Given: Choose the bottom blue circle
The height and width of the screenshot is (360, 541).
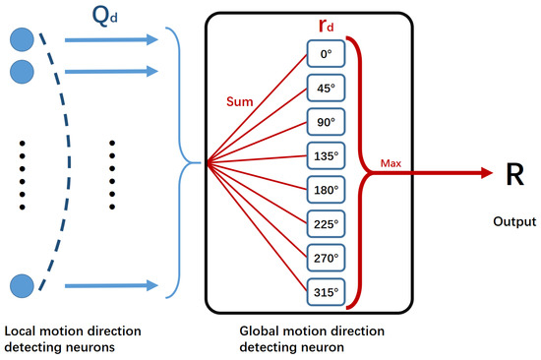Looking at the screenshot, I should click(x=20, y=286).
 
